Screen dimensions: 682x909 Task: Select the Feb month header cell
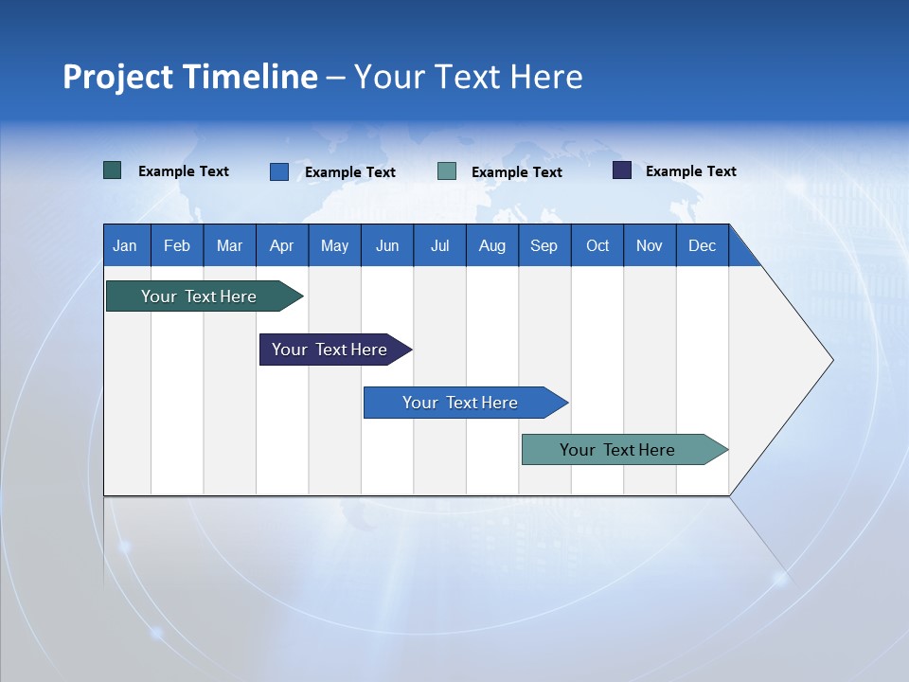(177, 245)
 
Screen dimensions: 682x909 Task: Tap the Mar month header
(229, 245)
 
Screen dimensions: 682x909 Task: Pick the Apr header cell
(282, 245)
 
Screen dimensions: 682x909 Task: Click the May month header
(334, 245)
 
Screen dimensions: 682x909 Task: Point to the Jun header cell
(387, 245)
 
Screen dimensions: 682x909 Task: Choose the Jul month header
(439, 245)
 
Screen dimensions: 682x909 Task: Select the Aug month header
(492, 245)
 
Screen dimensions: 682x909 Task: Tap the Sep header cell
(544, 245)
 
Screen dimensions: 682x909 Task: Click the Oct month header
(597, 245)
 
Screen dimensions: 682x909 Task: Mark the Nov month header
(650, 245)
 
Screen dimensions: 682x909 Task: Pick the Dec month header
(703, 245)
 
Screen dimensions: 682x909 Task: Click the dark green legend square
(113, 170)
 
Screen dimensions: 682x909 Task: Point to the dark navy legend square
(622, 170)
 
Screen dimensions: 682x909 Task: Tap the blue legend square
(279, 171)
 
